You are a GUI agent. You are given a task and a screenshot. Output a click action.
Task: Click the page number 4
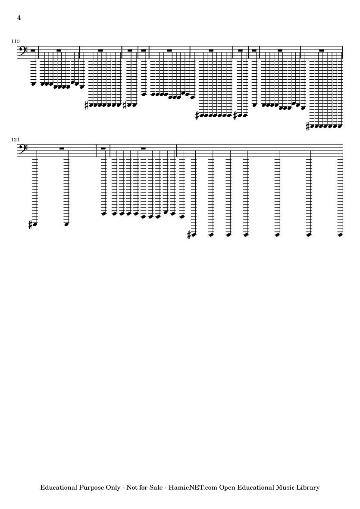(x=19, y=18)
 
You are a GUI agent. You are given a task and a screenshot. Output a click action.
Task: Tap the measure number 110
(x=15, y=41)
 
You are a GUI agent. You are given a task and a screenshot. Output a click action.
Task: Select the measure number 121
(x=15, y=139)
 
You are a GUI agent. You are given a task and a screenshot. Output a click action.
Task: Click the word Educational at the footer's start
(x=59, y=487)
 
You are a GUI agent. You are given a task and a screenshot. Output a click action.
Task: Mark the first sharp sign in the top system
(x=86, y=105)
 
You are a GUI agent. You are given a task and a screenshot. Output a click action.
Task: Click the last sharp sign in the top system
(x=308, y=126)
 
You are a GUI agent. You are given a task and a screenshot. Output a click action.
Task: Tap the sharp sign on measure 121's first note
(x=31, y=225)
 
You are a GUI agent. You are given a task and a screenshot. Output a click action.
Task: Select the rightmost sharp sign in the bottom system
(x=190, y=235)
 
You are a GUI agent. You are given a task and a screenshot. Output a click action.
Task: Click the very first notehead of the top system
(x=33, y=84)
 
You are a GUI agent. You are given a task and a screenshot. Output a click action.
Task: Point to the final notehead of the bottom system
(x=341, y=235)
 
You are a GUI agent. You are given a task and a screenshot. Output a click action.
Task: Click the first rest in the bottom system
(x=62, y=149)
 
